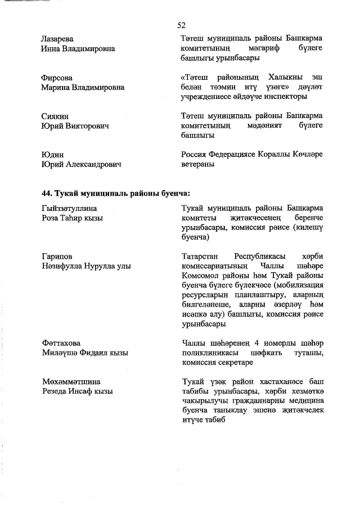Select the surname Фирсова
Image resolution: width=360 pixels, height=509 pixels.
[57, 77]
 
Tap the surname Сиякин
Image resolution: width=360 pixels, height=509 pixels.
[55, 116]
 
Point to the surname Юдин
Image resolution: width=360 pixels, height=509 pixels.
[51, 154]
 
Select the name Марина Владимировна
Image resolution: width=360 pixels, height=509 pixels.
[83, 87]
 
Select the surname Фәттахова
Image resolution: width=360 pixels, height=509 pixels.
[61, 343]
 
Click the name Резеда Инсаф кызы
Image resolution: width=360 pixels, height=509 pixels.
[77, 391]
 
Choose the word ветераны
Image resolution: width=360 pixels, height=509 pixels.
[198, 164]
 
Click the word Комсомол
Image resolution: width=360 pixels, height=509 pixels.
[202, 276]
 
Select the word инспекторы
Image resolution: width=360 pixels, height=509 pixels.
[305, 97]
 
